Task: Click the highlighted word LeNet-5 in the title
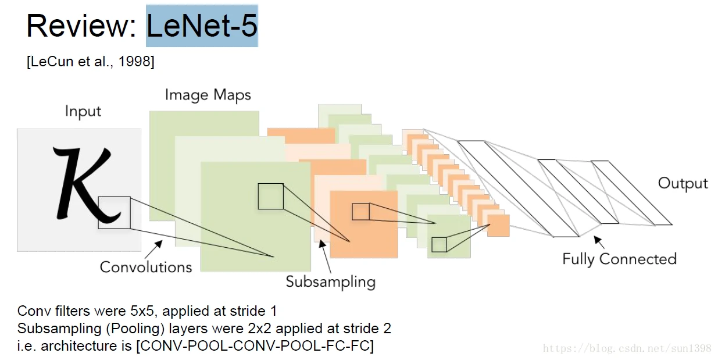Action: click(x=202, y=26)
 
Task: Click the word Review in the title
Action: click(x=81, y=26)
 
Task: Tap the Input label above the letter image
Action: click(x=83, y=111)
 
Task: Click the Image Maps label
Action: click(x=208, y=95)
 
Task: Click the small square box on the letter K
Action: click(x=114, y=212)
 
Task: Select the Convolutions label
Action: click(x=146, y=267)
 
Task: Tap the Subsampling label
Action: click(x=330, y=282)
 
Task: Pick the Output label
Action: click(x=683, y=183)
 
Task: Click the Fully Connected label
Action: click(x=619, y=259)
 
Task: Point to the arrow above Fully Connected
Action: click(x=598, y=241)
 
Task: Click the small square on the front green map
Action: click(x=270, y=196)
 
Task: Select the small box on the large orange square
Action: click(x=360, y=212)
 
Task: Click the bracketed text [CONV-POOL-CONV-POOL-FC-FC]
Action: click(x=255, y=346)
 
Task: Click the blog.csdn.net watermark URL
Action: click(x=627, y=348)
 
